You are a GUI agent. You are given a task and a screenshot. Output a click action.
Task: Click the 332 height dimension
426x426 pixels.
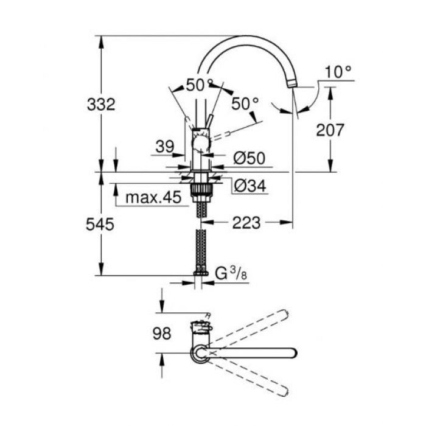click(100, 104)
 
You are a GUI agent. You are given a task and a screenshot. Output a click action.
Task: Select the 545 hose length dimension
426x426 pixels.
click(100, 225)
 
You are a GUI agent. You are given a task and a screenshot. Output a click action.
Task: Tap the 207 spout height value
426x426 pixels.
click(331, 129)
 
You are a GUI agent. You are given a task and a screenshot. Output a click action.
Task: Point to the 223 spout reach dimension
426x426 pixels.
click(245, 223)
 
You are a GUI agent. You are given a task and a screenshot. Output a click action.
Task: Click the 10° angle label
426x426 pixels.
click(338, 72)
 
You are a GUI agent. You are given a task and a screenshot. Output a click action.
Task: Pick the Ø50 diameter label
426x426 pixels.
click(249, 158)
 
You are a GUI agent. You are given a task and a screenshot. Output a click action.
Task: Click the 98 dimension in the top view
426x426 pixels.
click(161, 333)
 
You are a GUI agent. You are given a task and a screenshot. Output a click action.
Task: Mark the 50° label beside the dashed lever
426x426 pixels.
click(245, 104)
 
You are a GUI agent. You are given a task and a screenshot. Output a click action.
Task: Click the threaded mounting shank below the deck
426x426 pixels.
click(200, 194)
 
